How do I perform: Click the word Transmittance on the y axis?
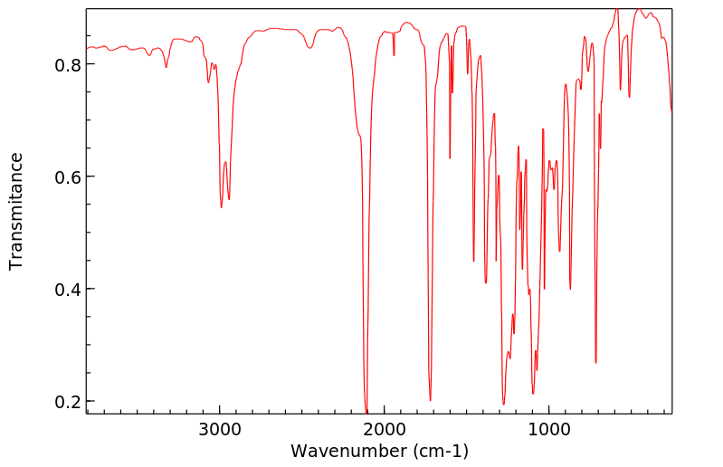point(16,211)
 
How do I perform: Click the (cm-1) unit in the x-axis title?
point(435,450)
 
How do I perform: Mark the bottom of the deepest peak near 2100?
point(366,412)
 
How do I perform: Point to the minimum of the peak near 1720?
point(430,400)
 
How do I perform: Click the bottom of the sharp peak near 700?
point(595,363)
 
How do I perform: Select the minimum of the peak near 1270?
point(504,405)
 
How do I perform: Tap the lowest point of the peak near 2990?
point(221,208)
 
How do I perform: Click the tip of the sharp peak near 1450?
point(473,262)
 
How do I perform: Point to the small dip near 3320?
point(166,67)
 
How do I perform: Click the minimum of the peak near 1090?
point(533,394)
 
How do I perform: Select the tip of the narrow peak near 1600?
point(450,158)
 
